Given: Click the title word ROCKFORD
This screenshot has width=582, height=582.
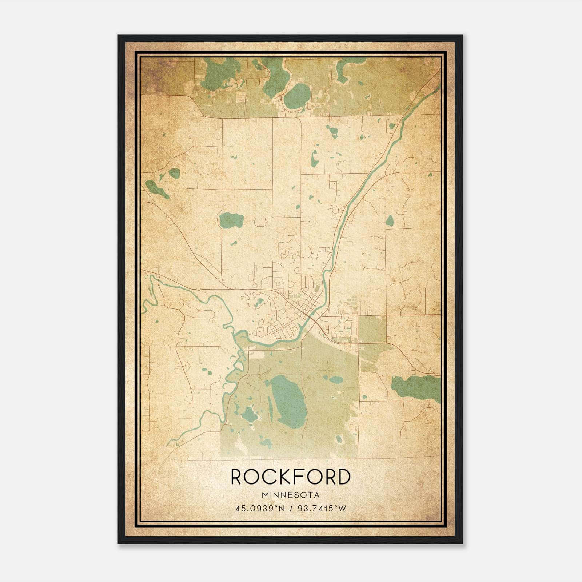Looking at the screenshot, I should point(290,477).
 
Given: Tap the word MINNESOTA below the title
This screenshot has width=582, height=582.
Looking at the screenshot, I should point(290,495).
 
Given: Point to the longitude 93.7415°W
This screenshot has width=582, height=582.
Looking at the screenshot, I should point(322,508).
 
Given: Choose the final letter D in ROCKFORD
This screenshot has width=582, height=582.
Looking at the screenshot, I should point(343,477).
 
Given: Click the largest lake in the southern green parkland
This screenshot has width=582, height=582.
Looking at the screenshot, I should point(289,400).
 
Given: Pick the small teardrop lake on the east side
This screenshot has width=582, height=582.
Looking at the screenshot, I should point(390,220).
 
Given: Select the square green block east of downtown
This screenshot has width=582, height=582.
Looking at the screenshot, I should point(372,329).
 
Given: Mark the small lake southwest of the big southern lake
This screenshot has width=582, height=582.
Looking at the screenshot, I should point(250,414).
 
